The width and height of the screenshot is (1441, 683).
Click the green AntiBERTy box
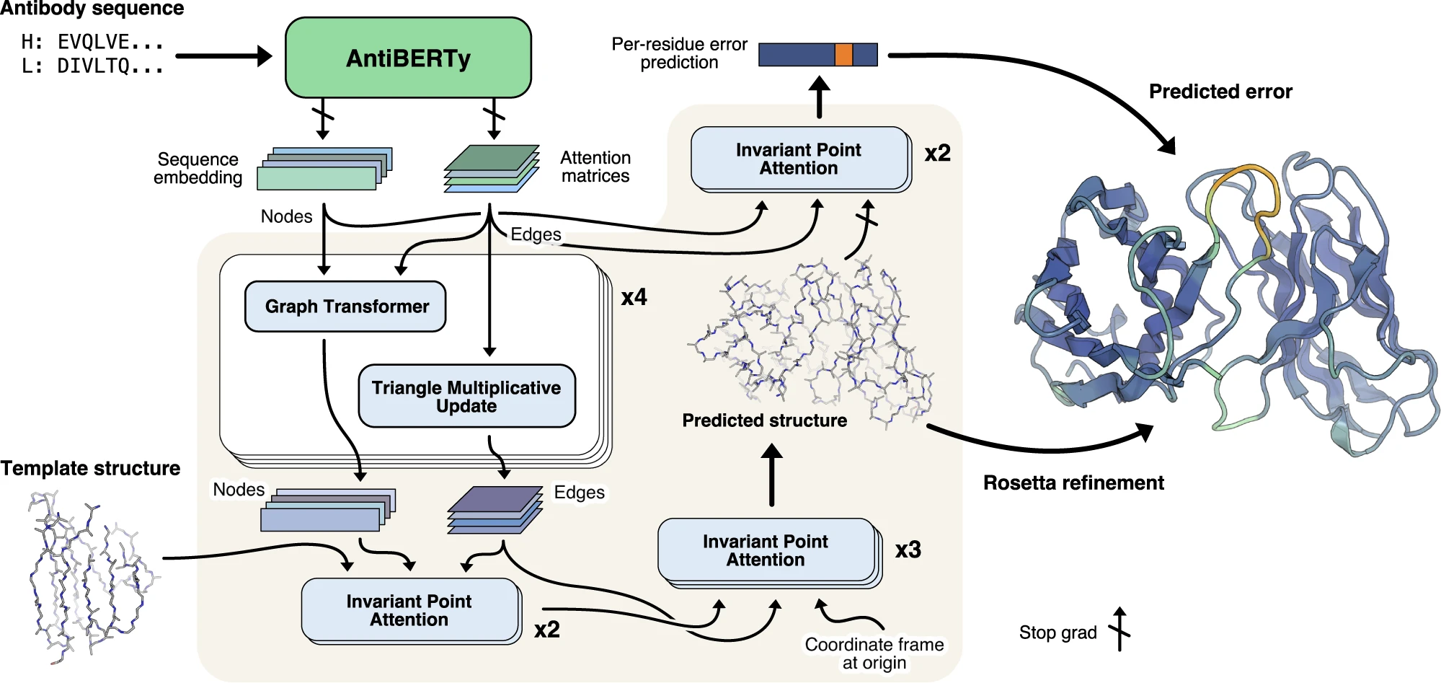pos(408,58)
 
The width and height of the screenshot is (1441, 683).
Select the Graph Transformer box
pos(346,307)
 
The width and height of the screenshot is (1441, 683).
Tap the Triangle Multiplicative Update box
pos(466,396)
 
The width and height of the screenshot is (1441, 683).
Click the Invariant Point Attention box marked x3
pos(766,550)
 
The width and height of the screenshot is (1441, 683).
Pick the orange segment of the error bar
pos(843,55)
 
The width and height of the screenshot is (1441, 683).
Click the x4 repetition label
pos(634,297)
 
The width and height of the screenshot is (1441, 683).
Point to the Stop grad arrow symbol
pos(1119,629)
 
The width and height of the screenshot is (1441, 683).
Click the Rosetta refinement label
pos(1073,482)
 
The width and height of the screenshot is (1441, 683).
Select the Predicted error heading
pos(1220,92)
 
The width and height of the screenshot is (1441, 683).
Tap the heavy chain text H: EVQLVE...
pos(92,42)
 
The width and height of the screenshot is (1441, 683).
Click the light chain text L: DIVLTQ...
pos(92,66)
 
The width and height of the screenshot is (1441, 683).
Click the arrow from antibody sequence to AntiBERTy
pos(223,56)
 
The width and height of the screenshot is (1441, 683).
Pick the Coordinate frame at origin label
pos(874,653)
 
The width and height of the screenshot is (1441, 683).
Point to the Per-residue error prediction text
pos(679,53)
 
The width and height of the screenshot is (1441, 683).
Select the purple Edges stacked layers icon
pos(495,510)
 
